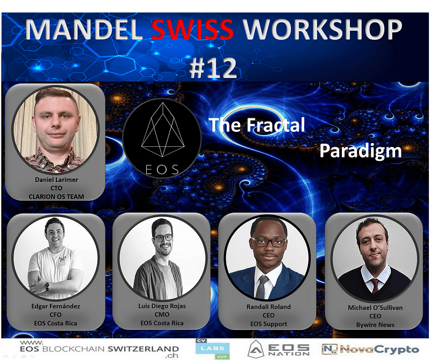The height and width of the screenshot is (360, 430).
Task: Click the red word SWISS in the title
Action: click(x=192, y=30)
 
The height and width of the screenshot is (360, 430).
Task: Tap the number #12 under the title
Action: click(x=213, y=68)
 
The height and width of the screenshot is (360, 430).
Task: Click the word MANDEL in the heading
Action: click(x=84, y=30)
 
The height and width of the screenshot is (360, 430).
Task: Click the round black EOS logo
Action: click(x=162, y=138)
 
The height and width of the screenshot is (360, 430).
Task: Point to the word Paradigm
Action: click(x=360, y=151)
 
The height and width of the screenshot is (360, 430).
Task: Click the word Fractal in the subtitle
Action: click(x=276, y=125)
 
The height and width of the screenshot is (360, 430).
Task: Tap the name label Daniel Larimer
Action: click(x=56, y=180)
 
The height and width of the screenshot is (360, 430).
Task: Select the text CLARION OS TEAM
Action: click(x=56, y=196)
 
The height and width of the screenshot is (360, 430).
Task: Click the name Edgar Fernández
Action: click(x=56, y=306)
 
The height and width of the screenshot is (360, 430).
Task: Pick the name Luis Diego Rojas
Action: click(x=162, y=306)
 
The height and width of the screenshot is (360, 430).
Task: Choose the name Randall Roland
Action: click(x=268, y=307)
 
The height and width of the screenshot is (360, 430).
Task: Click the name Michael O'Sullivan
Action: click(x=375, y=308)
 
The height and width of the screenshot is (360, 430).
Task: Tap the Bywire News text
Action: click(x=375, y=324)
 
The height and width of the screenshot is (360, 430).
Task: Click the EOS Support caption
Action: click(x=268, y=324)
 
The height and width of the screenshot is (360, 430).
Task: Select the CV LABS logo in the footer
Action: click(x=212, y=349)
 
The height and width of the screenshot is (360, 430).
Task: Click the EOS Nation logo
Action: click(x=278, y=349)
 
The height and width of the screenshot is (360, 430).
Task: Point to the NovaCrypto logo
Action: click(x=370, y=349)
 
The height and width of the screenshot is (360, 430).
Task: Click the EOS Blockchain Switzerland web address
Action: click(x=99, y=349)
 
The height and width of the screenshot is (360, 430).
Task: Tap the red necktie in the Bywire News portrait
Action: click(x=375, y=286)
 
